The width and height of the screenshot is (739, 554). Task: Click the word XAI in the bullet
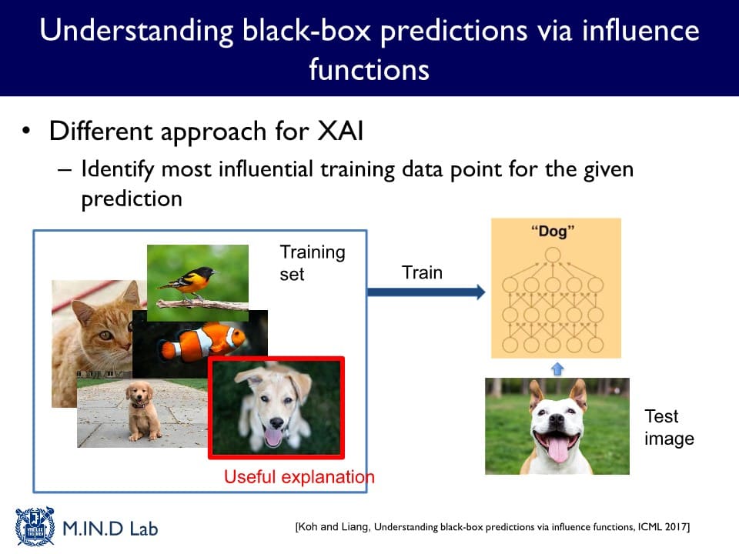coord(340,131)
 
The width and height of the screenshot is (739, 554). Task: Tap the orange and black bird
coord(189,282)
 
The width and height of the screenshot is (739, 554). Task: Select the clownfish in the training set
coord(202,342)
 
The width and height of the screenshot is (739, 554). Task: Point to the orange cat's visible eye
coord(105,335)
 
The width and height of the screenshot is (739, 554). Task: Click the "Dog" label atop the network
coord(553,231)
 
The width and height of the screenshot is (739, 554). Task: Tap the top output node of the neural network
coord(553,255)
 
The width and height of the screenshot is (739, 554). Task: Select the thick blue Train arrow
coord(426,292)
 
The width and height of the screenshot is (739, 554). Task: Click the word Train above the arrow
coord(422,272)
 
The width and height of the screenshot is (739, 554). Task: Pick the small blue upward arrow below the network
coord(557,369)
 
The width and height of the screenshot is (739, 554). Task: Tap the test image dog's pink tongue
coord(558,449)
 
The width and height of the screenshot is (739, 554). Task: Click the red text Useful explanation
coord(299,477)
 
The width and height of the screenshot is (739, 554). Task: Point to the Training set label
coord(312,263)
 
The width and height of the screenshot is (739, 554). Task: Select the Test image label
coord(669,427)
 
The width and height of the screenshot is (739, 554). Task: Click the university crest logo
coord(35,526)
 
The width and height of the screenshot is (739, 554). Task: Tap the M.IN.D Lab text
coord(110,529)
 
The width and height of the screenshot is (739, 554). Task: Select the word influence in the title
coord(640,31)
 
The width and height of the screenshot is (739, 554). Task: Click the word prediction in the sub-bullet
coord(132,199)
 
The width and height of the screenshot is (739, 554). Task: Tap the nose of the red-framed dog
coord(276,422)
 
